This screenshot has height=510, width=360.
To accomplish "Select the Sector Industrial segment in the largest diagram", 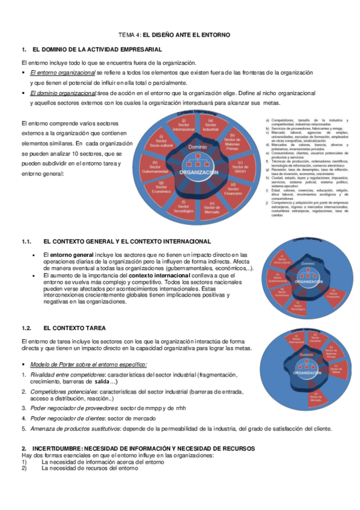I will click(210, 127).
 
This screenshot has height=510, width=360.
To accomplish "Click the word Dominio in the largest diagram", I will click(198, 147).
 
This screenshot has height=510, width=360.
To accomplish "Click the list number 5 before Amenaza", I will click(23, 429).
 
